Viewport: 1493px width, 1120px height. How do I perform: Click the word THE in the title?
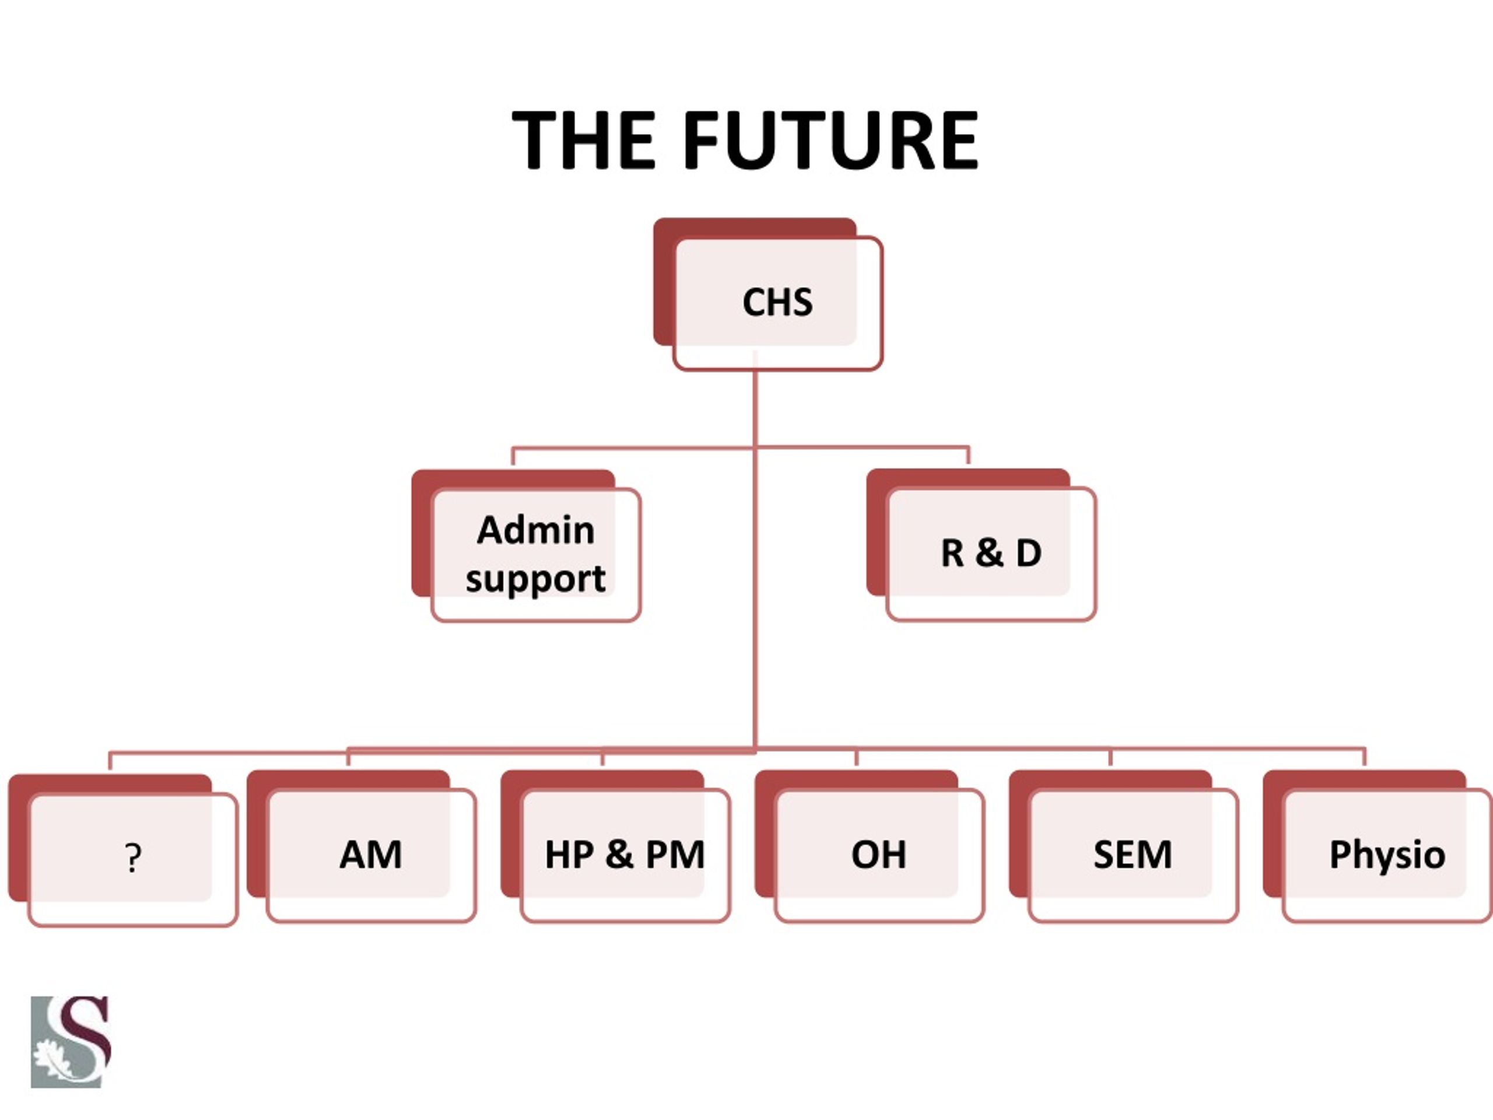[x=584, y=140]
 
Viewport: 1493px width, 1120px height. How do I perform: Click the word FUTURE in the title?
[x=831, y=140]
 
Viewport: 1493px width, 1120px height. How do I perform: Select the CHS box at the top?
[x=768, y=295]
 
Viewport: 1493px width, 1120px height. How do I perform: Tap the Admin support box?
[x=527, y=545]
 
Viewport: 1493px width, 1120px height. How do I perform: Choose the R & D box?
[x=982, y=545]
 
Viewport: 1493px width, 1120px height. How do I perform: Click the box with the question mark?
[x=123, y=850]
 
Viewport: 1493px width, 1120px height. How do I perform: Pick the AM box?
[x=362, y=846]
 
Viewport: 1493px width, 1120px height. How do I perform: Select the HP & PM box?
[x=615, y=846]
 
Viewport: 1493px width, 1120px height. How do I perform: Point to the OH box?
[x=870, y=846]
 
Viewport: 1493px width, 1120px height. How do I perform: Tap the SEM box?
[x=1124, y=846]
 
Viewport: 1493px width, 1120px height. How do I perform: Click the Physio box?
[x=1378, y=846]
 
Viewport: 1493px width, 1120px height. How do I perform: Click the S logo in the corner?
[x=71, y=1042]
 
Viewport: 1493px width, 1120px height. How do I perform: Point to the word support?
[x=535, y=579]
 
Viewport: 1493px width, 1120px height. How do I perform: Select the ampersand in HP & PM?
[x=619, y=854]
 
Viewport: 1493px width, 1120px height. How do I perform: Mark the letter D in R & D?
[x=1029, y=553]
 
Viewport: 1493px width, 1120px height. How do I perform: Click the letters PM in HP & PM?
[x=675, y=855]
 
